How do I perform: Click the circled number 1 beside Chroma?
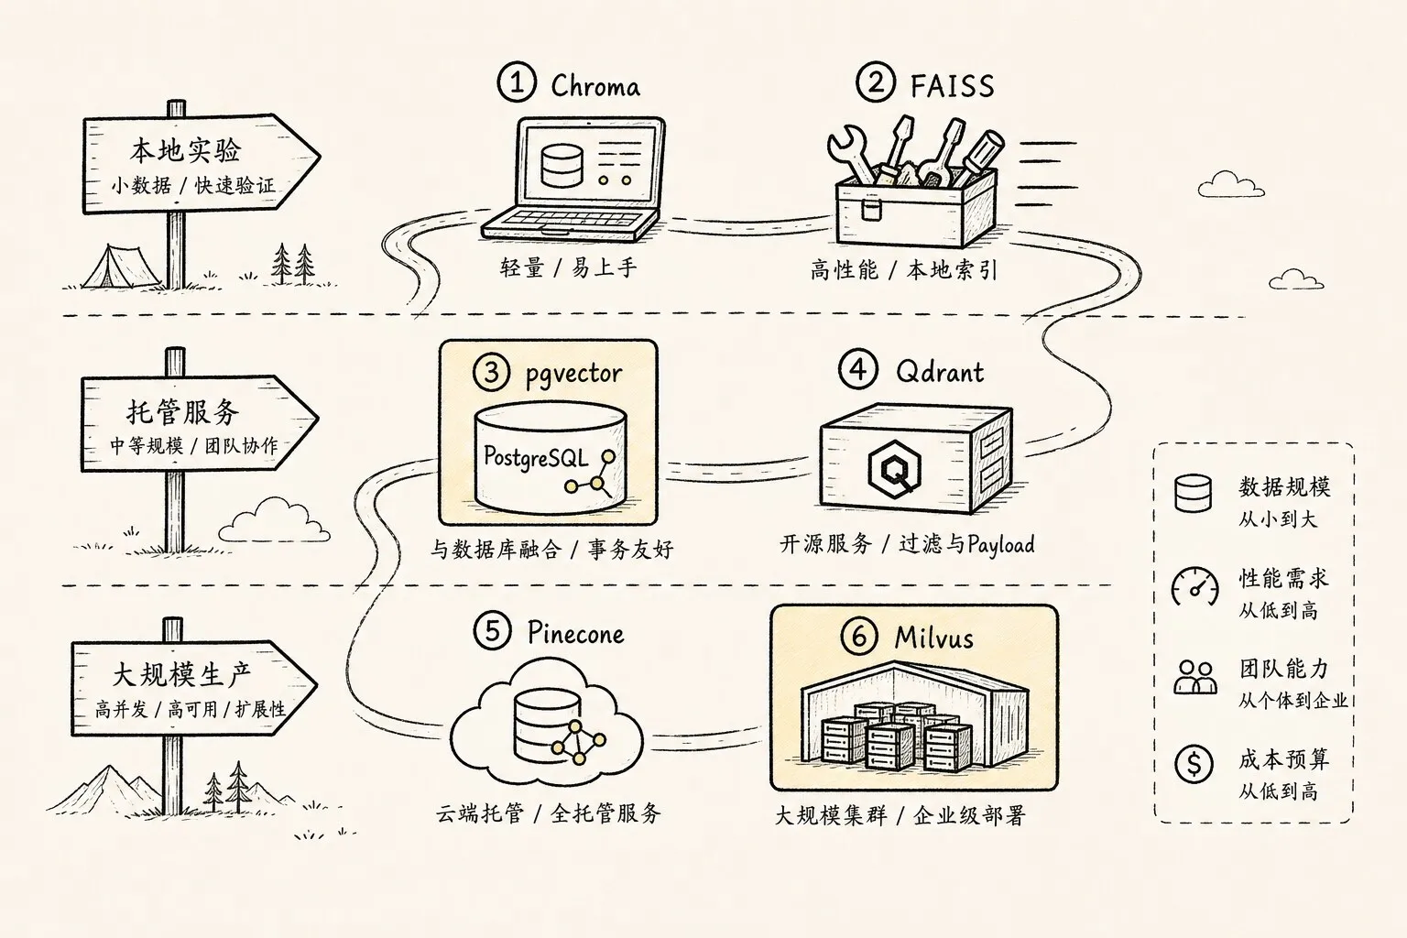[x=517, y=82]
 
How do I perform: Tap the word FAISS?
[x=953, y=86]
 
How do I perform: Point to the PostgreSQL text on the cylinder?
[x=536, y=457]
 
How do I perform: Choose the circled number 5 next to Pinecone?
[x=493, y=631]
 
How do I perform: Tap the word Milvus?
[x=933, y=638]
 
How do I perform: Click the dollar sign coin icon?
[x=1194, y=764]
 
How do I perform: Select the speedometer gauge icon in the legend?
[x=1194, y=587]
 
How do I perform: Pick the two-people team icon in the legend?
[x=1195, y=677]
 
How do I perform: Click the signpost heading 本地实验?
[x=185, y=150]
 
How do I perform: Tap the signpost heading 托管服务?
[x=183, y=412]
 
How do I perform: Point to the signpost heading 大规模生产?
[x=181, y=674]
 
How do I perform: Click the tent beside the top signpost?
[x=121, y=267]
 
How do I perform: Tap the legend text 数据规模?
[x=1284, y=487]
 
